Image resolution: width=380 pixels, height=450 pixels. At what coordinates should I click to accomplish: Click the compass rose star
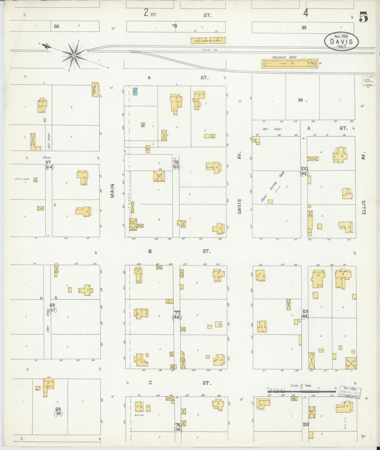click(x=74, y=55)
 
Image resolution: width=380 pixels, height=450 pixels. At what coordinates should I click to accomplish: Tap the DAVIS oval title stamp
click(x=341, y=41)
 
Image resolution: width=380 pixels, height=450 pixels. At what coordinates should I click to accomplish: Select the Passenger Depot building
click(x=290, y=64)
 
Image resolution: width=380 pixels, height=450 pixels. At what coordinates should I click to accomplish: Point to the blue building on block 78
click(x=135, y=91)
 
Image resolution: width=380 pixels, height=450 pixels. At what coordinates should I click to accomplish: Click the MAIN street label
click(x=112, y=190)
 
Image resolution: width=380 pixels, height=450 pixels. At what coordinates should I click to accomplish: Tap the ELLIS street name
click(x=364, y=207)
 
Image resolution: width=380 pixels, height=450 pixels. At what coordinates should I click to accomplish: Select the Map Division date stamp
click(x=350, y=392)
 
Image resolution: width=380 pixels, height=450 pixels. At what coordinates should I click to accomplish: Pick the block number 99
click(x=300, y=100)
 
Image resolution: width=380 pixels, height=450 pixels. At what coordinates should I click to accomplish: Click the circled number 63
click(x=176, y=167)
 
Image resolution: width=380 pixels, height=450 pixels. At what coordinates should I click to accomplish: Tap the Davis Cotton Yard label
click(x=272, y=188)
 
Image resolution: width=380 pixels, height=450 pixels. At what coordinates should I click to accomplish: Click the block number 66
click(x=57, y=26)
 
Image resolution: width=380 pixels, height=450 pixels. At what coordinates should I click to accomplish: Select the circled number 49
click(x=305, y=316)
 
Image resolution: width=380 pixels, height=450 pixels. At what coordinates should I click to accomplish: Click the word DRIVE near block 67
click(x=47, y=158)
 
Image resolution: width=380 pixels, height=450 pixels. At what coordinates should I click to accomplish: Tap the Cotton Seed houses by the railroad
click(x=208, y=40)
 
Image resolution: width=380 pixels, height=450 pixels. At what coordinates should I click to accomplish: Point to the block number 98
click(x=304, y=28)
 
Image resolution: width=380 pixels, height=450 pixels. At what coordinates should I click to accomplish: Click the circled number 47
click(x=53, y=310)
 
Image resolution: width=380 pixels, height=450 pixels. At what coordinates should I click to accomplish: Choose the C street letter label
click(x=150, y=383)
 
